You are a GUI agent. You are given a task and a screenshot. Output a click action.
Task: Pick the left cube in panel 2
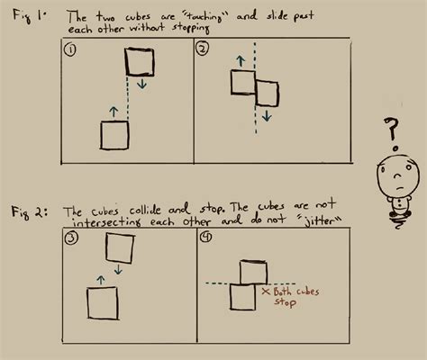click(243, 83)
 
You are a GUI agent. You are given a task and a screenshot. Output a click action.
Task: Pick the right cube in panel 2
click(268, 94)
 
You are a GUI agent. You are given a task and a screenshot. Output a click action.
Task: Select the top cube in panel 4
click(255, 271)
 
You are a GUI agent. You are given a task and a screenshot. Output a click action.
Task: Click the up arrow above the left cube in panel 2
click(241, 60)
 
